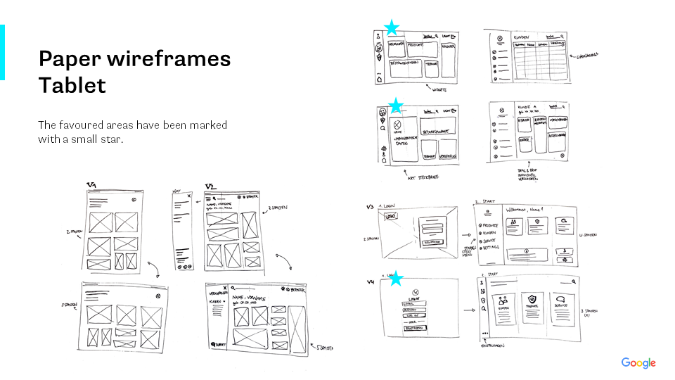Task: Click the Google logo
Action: point(638,363)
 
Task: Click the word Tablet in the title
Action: point(72,85)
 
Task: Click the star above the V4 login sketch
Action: point(396,279)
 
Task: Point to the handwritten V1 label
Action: point(91,186)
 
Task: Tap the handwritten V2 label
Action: point(210,186)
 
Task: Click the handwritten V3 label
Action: point(370,208)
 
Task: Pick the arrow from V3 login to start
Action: point(464,236)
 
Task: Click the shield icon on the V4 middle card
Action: point(532,297)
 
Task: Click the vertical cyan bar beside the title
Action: point(2,52)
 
